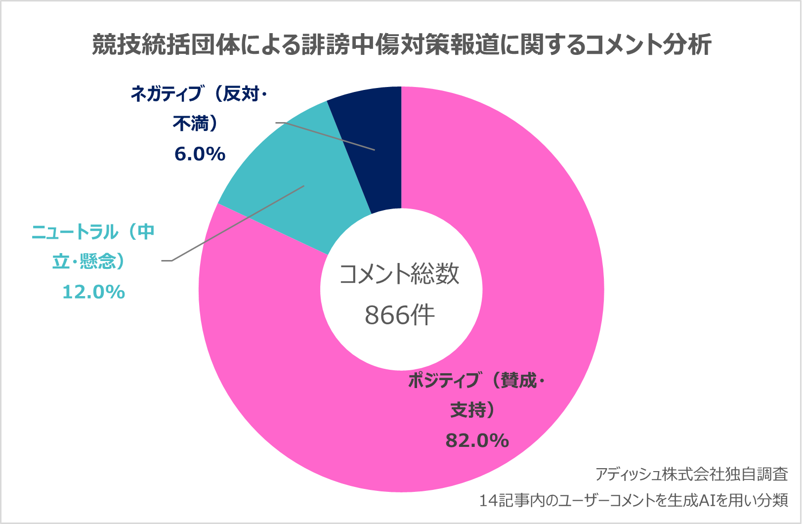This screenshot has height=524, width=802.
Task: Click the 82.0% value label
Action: click(x=477, y=440)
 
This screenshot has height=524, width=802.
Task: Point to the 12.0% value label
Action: click(x=93, y=292)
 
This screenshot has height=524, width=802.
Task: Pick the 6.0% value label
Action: click(x=200, y=154)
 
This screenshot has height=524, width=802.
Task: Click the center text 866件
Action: click(x=399, y=315)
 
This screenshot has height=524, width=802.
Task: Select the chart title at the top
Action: click(x=401, y=45)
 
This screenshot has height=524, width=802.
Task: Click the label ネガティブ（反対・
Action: click(x=199, y=93)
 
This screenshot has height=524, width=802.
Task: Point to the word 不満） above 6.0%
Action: click(x=196, y=124)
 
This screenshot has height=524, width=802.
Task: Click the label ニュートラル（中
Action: click(x=93, y=232)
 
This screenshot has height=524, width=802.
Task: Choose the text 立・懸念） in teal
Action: click(x=89, y=262)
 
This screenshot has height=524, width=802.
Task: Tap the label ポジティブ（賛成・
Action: click(x=476, y=381)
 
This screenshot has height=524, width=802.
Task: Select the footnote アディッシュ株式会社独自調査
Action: click(x=691, y=475)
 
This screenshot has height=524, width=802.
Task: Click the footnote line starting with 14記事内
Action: click(x=633, y=501)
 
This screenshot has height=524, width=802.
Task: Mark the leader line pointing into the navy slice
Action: click(x=326, y=136)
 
